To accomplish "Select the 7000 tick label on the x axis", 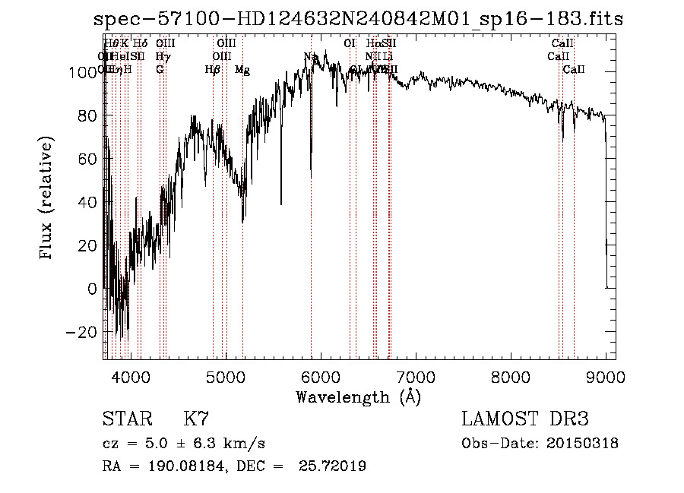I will pos(415,376).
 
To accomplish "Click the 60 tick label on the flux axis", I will pos(87,159).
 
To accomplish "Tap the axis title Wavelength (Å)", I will pos(358,396).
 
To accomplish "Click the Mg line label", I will pos(242,70).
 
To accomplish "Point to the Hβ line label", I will pos(213,70).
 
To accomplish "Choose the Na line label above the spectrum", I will pos(311,57).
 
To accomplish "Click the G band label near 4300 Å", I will pos(160,70).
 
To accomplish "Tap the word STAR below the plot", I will pos(127,419).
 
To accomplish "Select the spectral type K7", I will pos(196,419).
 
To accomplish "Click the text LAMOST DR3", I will pos(524,419).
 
